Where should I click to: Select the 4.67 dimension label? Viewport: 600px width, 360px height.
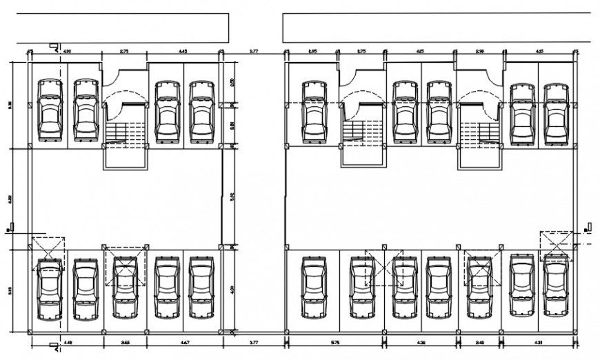pyautogui.click(x=184, y=342)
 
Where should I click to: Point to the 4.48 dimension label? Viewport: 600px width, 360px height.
pyautogui.click(x=68, y=342)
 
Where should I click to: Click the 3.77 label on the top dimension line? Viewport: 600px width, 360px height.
pyautogui.click(x=254, y=50)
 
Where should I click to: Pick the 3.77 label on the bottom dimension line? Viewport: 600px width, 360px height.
pyautogui.click(x=254, y=342)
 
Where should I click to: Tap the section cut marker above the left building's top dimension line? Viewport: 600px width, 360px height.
pyautogui.click(x=54, y=45)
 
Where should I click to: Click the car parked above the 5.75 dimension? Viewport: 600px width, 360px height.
pyautogui.click(x=314, y=288)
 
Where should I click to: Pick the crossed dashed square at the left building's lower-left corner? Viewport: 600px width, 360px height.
pyautogui.click(x=49, y=250)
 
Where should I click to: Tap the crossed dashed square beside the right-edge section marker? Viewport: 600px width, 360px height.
pyautogui.click(x=556, y=245)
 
